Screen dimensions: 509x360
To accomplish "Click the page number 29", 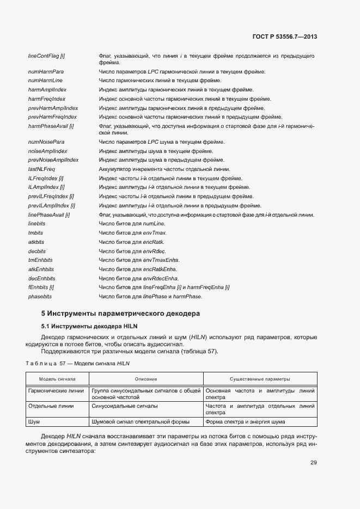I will pos(314,463).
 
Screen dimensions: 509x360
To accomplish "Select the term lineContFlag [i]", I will pos(46,56).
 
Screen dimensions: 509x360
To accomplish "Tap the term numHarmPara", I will pos(46,72).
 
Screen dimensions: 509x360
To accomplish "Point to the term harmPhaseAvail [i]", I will pos(51,126).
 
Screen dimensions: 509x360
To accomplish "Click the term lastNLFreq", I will pos(41,169).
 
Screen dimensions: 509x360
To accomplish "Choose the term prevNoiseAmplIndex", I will pos(53,160).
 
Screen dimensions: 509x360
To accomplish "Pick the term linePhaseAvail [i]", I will pos(49,214).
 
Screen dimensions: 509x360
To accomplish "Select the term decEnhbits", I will pos(41,278).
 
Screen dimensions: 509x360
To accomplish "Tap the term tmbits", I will pos(35,233).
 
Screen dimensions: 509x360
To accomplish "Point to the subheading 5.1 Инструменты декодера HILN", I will pos(83,326).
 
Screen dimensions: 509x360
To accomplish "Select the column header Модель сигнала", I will pos(57,379).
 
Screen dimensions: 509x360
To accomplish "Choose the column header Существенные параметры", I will pos(259,379).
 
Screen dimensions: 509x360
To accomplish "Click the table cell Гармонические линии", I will pos(56,391).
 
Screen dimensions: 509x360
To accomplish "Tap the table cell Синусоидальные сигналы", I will pos(125,406).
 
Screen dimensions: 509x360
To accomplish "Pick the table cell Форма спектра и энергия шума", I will pos(245,422).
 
